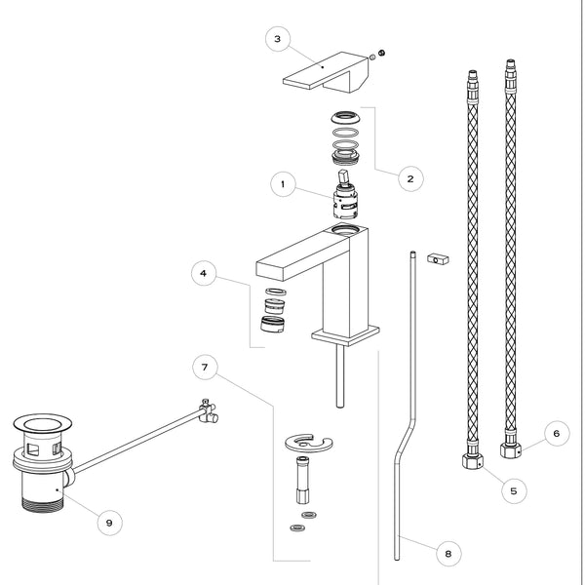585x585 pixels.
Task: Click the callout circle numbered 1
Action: [283, 183]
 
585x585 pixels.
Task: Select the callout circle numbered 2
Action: [410, 179]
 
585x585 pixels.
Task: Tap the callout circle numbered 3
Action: [279, 39]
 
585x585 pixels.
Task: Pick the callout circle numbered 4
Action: [203, 274]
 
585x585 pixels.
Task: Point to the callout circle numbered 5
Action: [514, 490]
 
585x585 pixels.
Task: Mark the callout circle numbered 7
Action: [205, 369]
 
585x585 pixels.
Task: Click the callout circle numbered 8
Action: [448, 554]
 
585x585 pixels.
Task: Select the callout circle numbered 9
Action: [109, 522]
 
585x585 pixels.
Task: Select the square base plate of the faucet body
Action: [343, 334]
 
